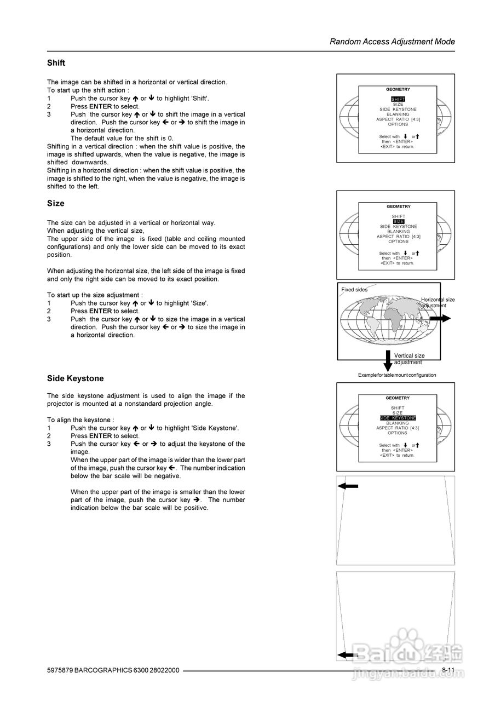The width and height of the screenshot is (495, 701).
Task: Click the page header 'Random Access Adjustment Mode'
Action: [x=392, y=42]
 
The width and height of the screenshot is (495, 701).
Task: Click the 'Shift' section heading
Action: [x=56, y=63]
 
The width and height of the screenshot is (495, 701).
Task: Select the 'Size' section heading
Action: [x=56, y=203]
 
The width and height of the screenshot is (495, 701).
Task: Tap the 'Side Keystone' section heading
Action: [x=75, y=378]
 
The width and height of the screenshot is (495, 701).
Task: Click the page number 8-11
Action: [x=448, y=670]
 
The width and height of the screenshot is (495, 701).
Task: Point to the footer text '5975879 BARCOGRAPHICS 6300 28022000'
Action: [x=113, y=670]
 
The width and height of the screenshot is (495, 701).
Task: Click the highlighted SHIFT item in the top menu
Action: [x=398, y=99]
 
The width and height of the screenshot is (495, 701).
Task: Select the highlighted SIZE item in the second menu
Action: [x=398, y=221]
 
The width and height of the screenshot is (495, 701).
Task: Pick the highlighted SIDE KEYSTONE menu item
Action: [x=398, y=418]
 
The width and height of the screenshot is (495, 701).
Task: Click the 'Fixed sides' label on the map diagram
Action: [x=354, y=290]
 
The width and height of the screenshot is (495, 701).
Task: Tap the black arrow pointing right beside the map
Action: [x=440, y=318]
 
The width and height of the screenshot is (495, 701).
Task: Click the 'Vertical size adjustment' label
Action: [x=409, y=359]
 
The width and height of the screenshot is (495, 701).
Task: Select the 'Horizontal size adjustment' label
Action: [x=438, y=302]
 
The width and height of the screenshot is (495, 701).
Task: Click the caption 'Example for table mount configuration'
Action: [x=397, y=375]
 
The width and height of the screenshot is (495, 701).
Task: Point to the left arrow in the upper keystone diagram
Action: [x=348, y=486]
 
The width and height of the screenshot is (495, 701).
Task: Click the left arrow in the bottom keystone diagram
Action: [x=348, y=654]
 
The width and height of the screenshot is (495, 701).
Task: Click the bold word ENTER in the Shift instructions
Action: [x=100, y=106]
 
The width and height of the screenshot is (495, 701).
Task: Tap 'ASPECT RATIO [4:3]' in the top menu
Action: [x=398, y=119]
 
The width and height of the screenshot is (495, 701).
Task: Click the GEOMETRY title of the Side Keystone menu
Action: [x=398, y=398]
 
